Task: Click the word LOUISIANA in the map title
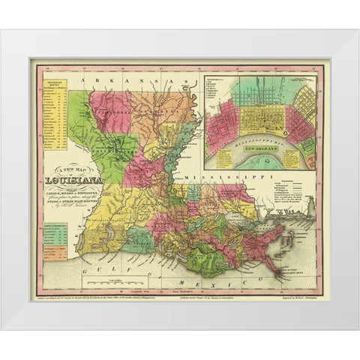point(76,180)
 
